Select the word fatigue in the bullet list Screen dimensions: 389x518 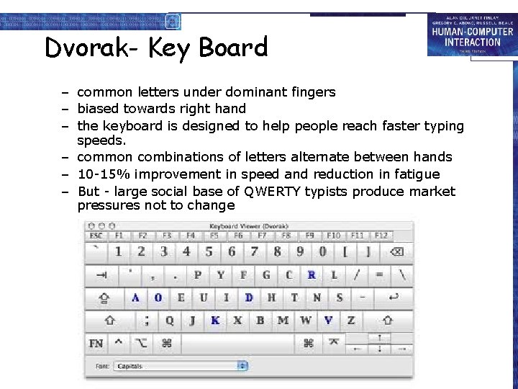pos(415,174)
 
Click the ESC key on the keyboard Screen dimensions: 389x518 pos(96,236)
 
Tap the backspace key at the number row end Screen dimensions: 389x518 pos(396,251)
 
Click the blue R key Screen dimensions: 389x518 pos(312,274)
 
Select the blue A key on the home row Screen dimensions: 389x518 pos(135,298)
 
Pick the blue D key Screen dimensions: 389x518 pos(249,298)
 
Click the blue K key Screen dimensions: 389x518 pos(215,321)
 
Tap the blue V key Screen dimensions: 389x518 pos(328,321)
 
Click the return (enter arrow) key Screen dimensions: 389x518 pos(394,298)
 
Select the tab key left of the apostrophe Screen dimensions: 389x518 pos(102,274)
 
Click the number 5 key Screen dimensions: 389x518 pos(209,251)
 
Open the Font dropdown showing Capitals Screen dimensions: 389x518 pos(181,366)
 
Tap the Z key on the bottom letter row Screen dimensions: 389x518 pos(351,321)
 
